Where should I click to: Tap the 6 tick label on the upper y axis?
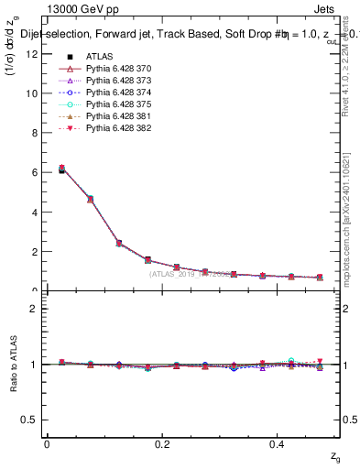click(34, 172)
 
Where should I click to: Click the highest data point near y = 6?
click(61, 169)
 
